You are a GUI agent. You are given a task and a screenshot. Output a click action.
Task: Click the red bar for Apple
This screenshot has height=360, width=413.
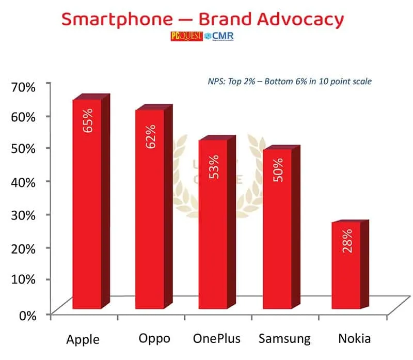tap(87, 207)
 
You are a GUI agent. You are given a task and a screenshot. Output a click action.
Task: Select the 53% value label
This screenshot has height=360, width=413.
tap(214, 166)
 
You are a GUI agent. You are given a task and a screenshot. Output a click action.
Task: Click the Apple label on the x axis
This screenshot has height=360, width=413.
tap(83, 340)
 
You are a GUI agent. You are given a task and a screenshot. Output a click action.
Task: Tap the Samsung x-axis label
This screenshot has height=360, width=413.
tap(285, 339)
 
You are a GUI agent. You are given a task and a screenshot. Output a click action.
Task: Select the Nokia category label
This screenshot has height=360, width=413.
tap(354, 339)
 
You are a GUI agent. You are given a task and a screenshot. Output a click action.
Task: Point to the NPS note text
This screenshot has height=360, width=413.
tap(286, 81)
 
